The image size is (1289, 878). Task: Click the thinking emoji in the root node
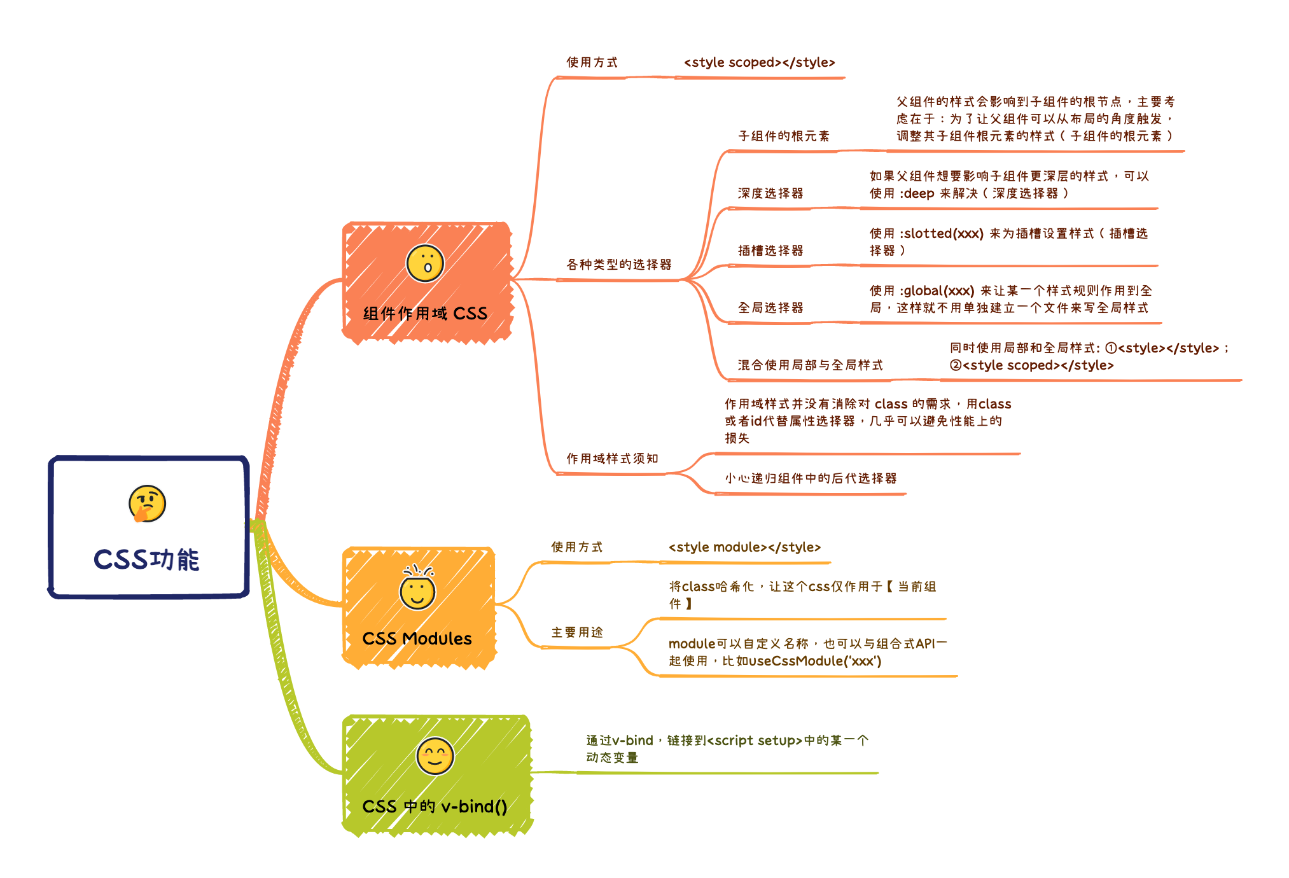point(147,503)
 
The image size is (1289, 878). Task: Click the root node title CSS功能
point(146,560)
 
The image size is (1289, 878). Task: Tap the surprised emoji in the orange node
point(425,263)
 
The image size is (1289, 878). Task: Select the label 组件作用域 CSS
point(425,313)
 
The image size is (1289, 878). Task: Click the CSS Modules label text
point(417,638)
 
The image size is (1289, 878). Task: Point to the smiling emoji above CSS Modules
point(417,589)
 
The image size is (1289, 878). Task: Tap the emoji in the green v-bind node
point(435,756)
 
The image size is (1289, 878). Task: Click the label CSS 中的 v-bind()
point(435,806)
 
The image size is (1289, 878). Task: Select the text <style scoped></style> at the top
point(759,62)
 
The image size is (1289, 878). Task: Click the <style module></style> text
point(744,547)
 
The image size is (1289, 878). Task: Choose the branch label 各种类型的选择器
point(619,264)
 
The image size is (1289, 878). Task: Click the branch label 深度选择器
point(770,193)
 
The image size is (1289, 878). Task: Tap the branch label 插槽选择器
point(770,251)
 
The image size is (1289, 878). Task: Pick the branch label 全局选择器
point(770,308)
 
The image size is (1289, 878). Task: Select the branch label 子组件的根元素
point(784,136)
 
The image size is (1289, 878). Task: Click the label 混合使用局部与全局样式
point(811,365)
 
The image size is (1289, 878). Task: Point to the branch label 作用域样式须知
point(612,458)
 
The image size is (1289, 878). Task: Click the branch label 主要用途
point(577,632)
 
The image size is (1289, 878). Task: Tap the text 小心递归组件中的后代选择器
point(811,478)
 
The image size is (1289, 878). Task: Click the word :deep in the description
point(917,193)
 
